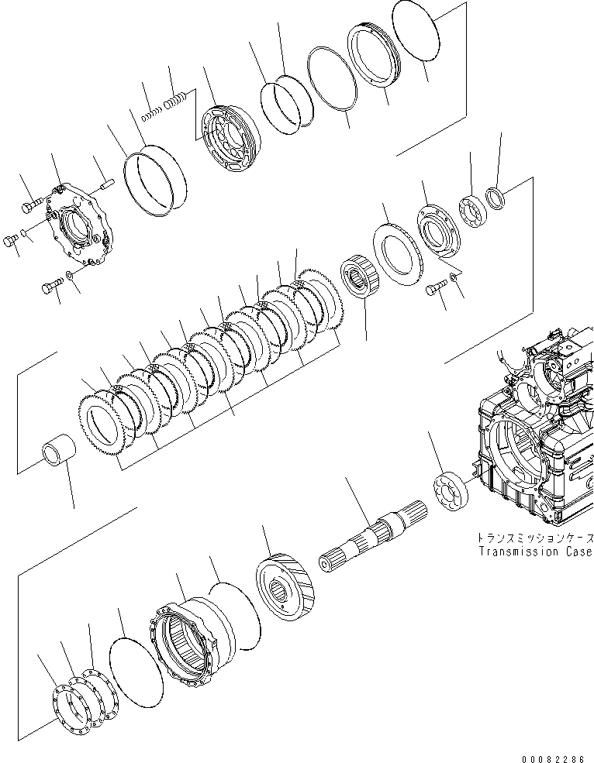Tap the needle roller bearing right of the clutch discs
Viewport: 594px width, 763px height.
360,279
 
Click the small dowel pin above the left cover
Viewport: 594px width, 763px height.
106,185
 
